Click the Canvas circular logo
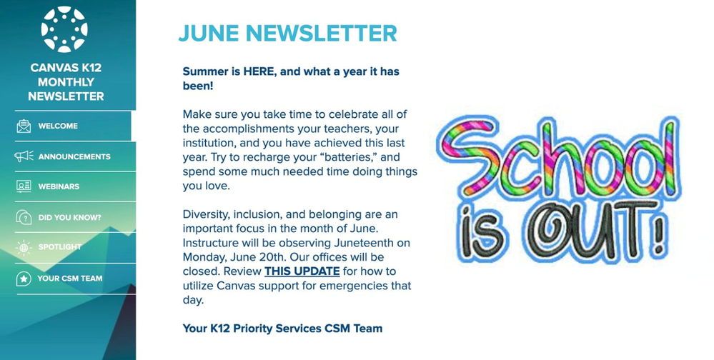click(x=64, y=29)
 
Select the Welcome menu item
click(x=58, y=126)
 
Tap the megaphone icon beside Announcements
click(x=24, y=156)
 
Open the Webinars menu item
click(x=59, y=186)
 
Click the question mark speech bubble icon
click(x=24, y=217)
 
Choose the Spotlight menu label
click(x=59, y=246)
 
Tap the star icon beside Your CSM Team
click(x=24, y=279)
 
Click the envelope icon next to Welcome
click(x=24, y=126)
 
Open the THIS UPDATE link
click(x=302, y=271)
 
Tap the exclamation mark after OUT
click(x=658, y=233)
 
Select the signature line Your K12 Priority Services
click(x=282, y=329)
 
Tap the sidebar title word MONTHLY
click(x=66, y=82)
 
